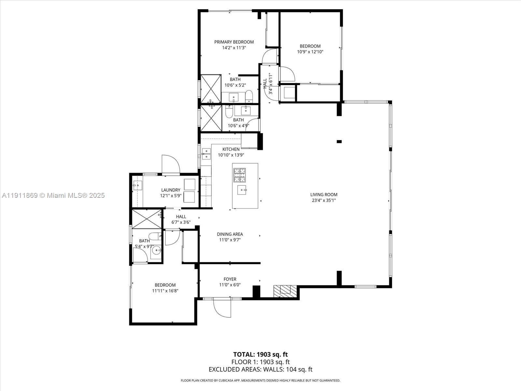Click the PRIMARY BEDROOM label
pos(234,42)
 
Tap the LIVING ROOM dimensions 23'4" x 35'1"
pos(324,200)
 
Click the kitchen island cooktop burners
pos(239,175)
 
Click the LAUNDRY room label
pos(171,190)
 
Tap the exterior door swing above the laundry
pos(171,165)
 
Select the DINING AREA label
pos(230,234)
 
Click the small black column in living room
pos(339,141)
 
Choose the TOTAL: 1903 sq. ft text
pos(260,354)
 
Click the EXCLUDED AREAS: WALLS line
pos(260,369)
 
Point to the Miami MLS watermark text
pos(53,195)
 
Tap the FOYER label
pos(230,279)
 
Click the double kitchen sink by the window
pos(206,154)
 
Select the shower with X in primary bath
pos(211,89)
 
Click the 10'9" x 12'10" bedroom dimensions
pos(310,51)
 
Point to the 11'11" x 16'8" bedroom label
pos(165,288)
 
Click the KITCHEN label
pos(231,149)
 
